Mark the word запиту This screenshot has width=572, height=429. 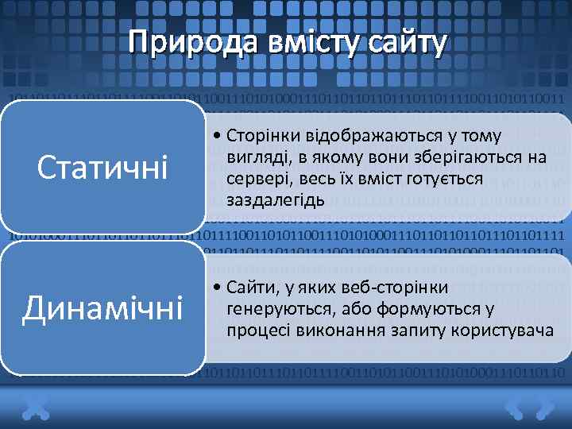click(x=414, y=328)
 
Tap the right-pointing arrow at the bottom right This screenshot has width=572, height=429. click(x=544, y=408)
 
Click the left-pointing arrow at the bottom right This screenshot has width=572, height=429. click(x=516, y=408)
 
